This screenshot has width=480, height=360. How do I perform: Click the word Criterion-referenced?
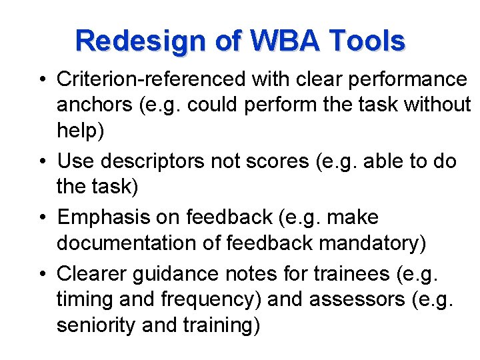[151, 79]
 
